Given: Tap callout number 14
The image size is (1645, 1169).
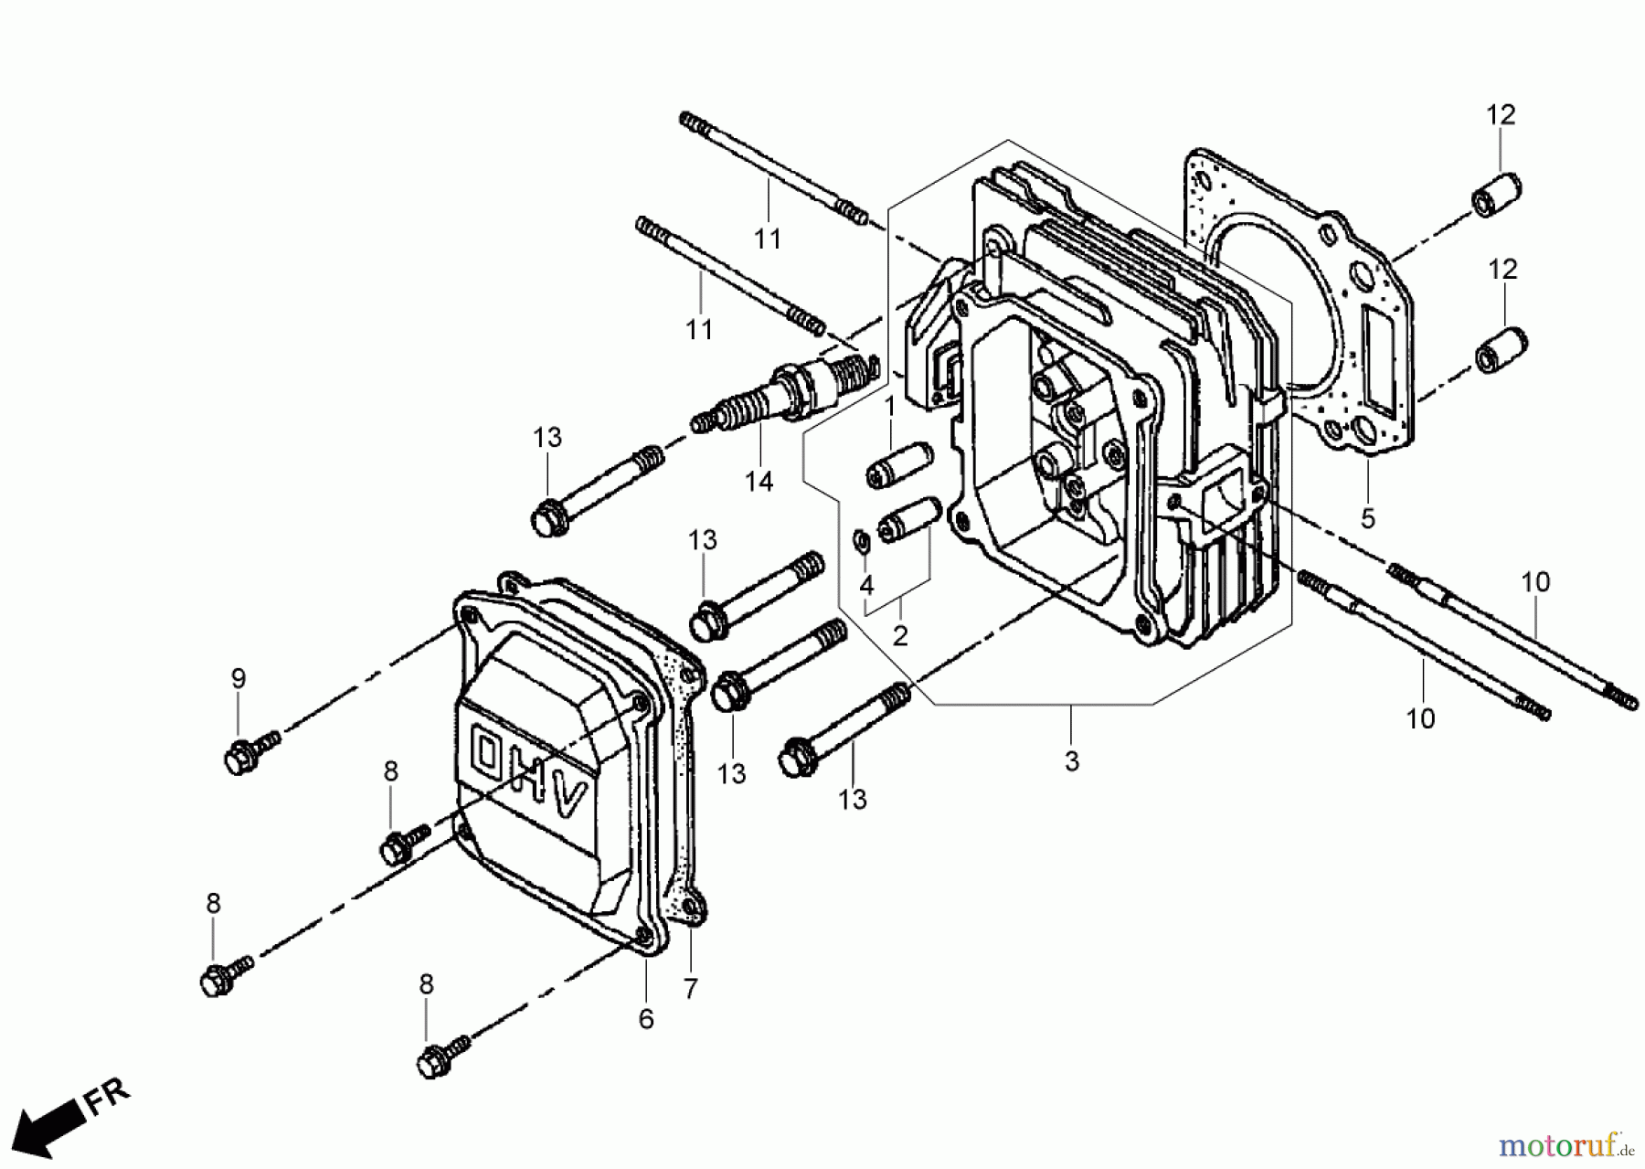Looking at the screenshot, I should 759,481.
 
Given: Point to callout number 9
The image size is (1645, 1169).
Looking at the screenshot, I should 238,678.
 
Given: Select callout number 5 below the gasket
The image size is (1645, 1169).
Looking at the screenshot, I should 1367,518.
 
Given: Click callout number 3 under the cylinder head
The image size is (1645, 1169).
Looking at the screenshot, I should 1072,760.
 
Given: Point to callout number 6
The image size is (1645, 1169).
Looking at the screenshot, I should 646,1019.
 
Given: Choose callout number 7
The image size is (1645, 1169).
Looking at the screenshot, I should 690,989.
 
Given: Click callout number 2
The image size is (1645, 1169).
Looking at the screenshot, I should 900,634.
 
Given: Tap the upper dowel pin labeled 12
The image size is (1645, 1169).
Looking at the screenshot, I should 1496,192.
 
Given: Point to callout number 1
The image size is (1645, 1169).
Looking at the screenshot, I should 888,405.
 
